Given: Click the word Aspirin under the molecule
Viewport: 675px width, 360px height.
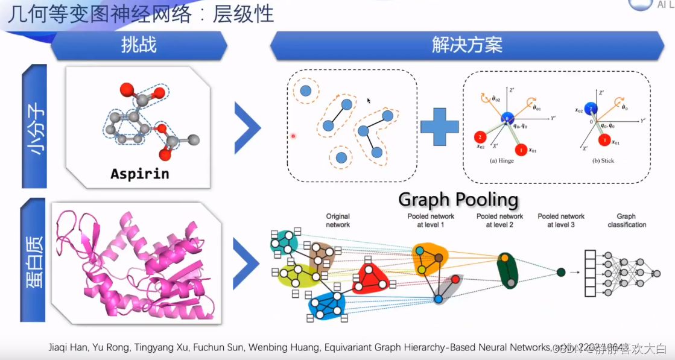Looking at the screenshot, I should coord(140,174).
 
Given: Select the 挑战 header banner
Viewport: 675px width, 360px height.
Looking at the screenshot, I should coord(139,45).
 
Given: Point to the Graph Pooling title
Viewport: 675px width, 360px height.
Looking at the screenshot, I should coord(458,200).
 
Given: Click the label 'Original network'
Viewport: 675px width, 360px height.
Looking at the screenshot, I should coord(338,220).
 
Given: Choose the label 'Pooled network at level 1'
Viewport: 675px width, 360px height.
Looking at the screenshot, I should coord(431,220).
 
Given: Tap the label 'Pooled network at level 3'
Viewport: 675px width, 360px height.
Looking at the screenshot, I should coord(561,220).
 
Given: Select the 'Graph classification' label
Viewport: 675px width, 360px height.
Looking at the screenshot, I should coord(631,220).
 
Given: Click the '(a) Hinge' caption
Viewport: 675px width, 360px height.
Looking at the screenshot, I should coord(502,161).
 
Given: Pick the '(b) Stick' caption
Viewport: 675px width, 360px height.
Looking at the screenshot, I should coord(603,161).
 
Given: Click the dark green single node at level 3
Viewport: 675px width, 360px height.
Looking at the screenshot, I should coord(561,272).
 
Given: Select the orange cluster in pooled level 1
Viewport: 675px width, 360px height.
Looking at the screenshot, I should coord(430,258).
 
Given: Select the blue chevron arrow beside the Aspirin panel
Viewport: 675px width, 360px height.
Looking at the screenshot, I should coord(247,127).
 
